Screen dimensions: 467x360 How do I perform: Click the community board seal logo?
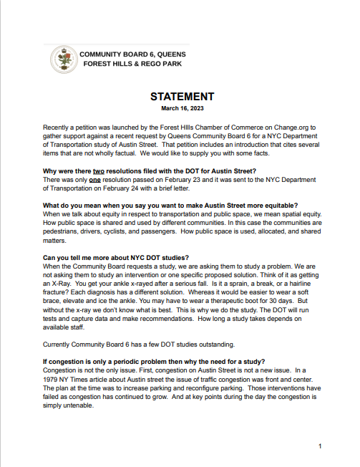pos(63,59)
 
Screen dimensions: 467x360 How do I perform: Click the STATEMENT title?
pos(182,97)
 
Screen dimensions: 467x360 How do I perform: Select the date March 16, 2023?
pos(182,109)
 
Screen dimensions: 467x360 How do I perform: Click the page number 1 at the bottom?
pos(319,446)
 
